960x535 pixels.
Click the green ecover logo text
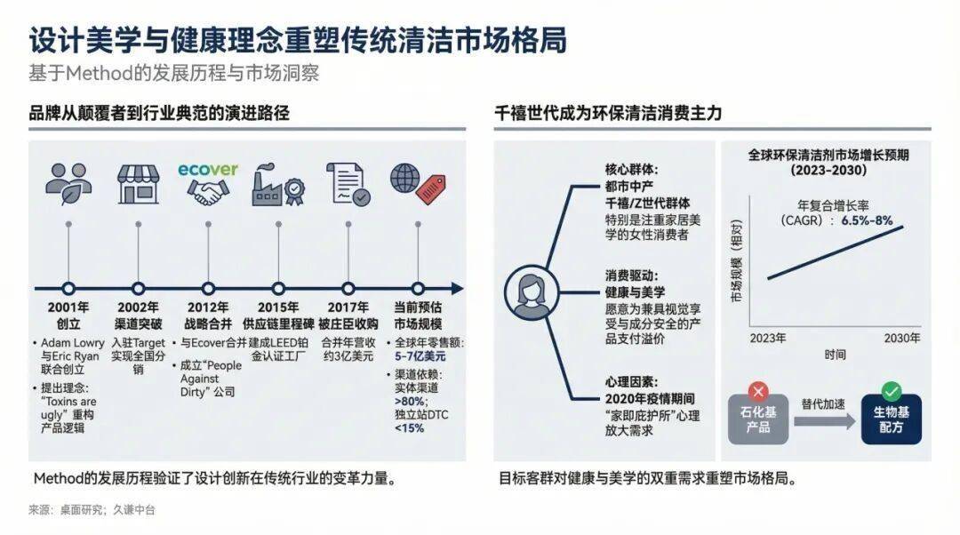point(208,169)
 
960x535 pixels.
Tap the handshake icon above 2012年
point(208,193)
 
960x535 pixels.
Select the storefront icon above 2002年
point(138,183)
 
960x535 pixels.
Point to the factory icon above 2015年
point(277,184)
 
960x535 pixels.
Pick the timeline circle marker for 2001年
point(68,288)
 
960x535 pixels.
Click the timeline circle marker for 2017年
point(348,288)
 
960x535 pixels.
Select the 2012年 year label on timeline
point(208,308)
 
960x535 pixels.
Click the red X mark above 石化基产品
point(757,390)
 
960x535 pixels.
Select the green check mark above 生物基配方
point(891,390)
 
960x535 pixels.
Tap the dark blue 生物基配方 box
point(891,419)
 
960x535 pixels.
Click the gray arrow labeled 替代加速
point(823,419)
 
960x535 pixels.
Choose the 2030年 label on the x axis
point(901,339)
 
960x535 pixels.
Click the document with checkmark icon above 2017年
point(348,183)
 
